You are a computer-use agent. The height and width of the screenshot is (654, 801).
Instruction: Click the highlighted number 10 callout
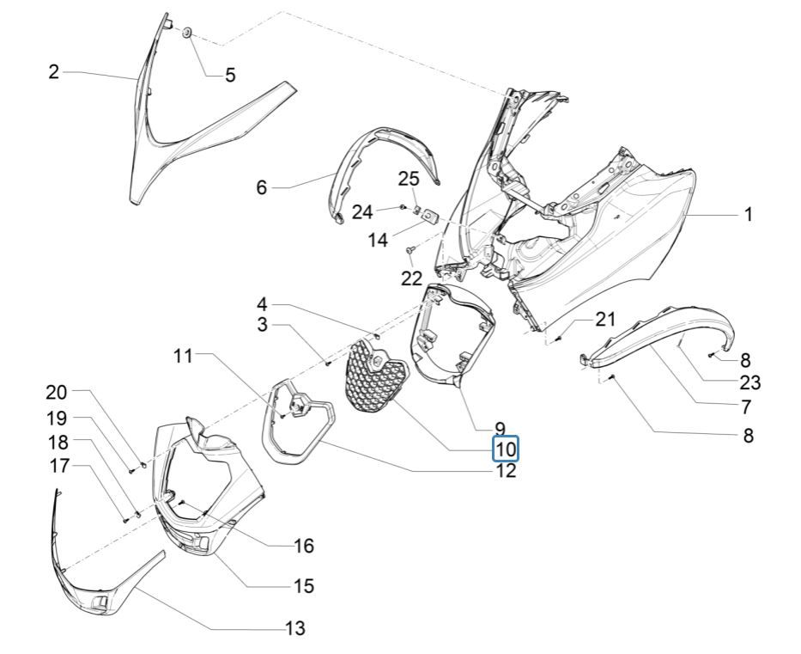(506, 449)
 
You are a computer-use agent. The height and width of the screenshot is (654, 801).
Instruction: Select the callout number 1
(749, 215)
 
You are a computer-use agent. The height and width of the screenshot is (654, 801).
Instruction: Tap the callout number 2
(54, 72)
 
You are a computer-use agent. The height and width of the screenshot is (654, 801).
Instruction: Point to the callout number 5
(230, 76)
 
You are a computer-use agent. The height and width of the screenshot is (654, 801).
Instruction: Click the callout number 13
(294, 629)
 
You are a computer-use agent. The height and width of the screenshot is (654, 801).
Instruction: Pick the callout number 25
(409, 179)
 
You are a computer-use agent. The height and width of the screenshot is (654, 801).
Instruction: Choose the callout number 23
(749, 383)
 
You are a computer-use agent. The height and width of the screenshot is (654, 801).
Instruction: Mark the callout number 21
(606, 320)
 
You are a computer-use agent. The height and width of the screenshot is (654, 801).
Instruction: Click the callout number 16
(303, 546)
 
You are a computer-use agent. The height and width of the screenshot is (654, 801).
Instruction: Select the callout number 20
(56, 393)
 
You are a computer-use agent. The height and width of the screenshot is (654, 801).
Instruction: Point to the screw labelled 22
(410, 250)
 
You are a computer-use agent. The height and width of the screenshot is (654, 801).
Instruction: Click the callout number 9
(498, 427)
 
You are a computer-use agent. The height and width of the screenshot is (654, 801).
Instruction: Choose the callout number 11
(184, 354)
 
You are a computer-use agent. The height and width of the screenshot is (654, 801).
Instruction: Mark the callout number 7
(746, 406)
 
